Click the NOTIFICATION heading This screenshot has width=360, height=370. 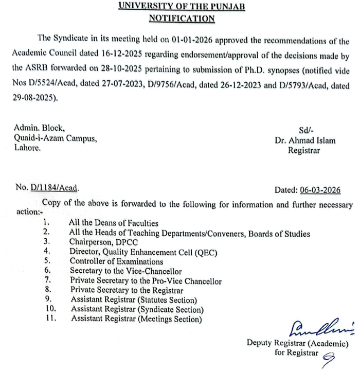(x=182, y=19)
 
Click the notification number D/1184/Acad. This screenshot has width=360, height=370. (x=55, y=189)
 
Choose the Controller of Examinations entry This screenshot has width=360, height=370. (x=117, y=261)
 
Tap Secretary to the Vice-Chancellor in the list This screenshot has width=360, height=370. (x=126, y=271)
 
